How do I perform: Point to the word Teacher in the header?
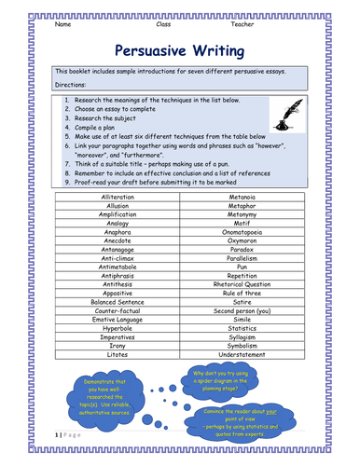[x=268, y=24]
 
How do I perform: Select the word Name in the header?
[x=63, y=24]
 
